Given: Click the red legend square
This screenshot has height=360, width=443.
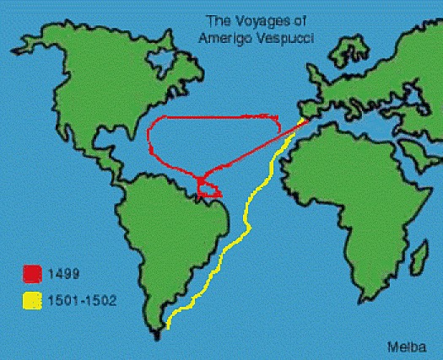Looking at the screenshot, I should pyautogui.click(x=33, y=274).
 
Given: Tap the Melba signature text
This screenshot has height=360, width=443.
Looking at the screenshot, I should pyautogui.click(x=404, y=346).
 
